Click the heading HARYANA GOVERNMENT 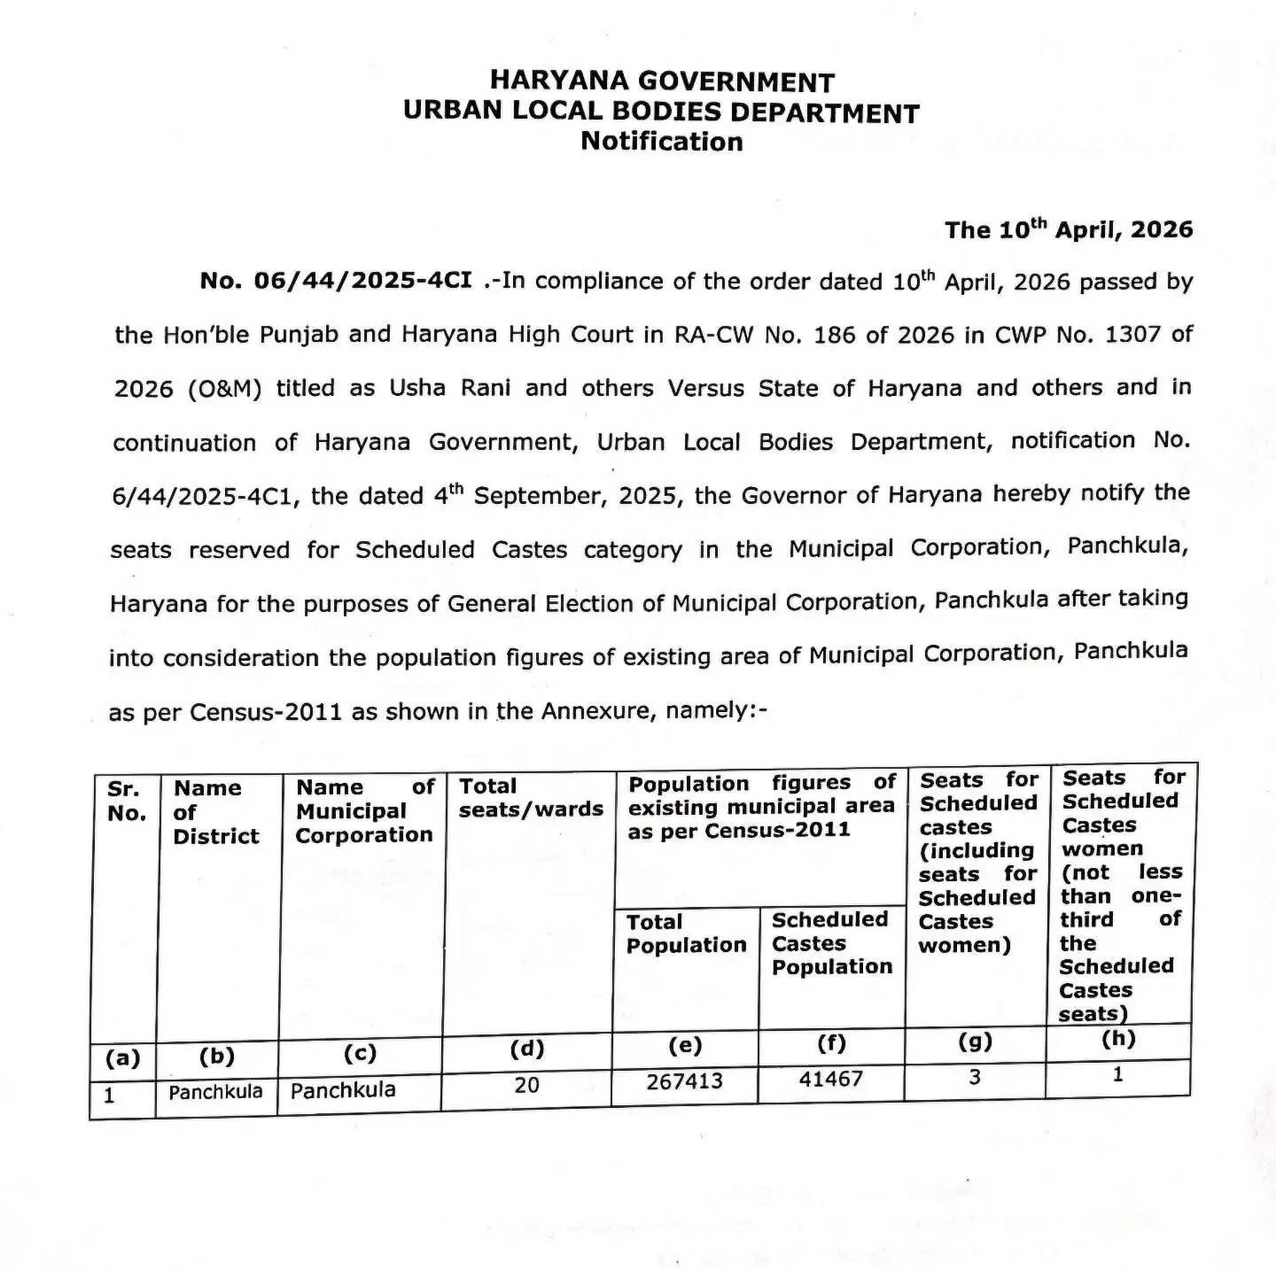(x=662, y=82)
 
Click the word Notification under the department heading (x=662, y=142)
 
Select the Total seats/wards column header (x=530, y=798)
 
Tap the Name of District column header (x=215, y=812)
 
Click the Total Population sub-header (x=686, y=934)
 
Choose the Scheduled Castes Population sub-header (x=831, y=943)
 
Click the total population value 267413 (x=684, y=1081)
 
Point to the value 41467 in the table (x=830, y=1080)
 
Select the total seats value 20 (x=526, y=1085)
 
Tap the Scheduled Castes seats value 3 (x=975, y=1078)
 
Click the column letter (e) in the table (x=685, y=1045)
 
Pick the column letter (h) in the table (x=1118, y=1039)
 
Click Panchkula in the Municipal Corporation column (x=343, y=1090)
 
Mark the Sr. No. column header (x=126, y=801)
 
